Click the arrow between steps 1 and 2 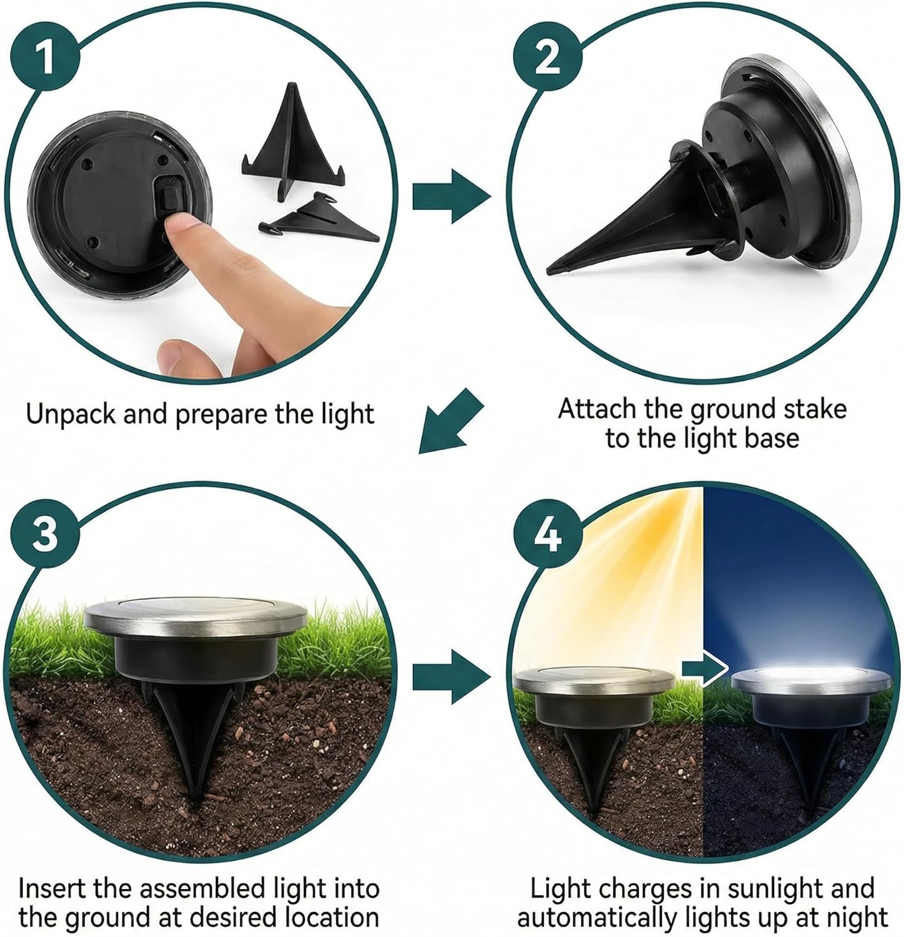(x=451, y=196)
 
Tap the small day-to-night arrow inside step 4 (x=705, y=669)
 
